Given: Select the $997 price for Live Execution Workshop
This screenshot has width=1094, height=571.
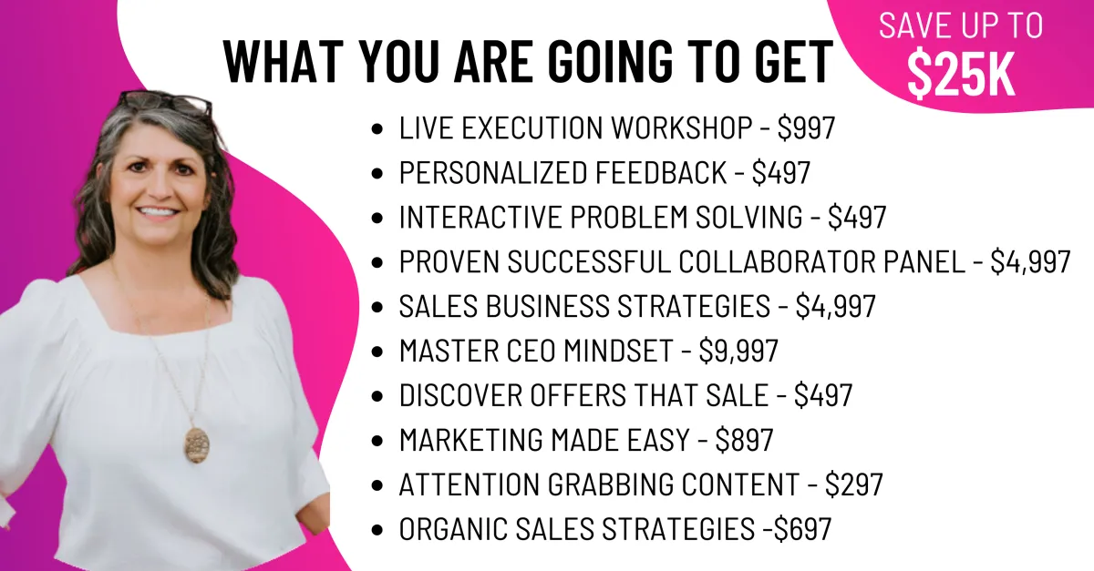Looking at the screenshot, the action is pos(806,127).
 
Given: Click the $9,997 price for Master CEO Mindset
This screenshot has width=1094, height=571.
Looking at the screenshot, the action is pos(738,351).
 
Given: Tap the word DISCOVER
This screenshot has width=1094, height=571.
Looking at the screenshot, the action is pos(460,395).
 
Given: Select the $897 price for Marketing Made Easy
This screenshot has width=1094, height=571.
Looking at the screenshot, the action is pos(744,440).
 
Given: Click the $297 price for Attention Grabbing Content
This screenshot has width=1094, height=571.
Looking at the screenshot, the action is pos(854,484).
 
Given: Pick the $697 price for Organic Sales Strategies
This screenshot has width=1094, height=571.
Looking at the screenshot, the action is pos(803,529).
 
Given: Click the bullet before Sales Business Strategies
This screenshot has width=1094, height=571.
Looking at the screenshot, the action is pos(377,308).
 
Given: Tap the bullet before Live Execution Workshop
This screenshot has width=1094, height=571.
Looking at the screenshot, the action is pos(377,129).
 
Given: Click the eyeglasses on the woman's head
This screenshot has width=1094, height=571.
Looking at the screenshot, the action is pos(166,104).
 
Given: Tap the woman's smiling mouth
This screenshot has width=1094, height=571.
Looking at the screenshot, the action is pos(159,213).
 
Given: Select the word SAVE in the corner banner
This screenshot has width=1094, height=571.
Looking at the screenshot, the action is pos(912,25).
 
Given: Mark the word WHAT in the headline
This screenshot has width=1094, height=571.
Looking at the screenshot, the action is pos(284,61).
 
